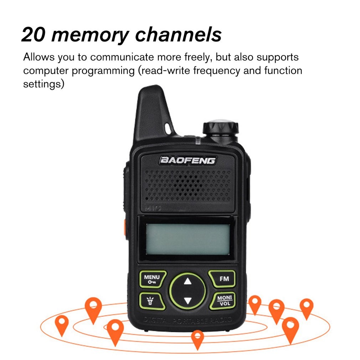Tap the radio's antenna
click(x=151, y=114)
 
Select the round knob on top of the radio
click(x=220, y=130)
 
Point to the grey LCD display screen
click(x=187, y=239)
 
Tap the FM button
click(x=224, y=279)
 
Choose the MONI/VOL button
click(x=224, y=300)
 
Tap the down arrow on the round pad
click(x=188, y=300)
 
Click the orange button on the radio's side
click(x=125, y=227)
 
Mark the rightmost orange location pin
click(x=306, y=307)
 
